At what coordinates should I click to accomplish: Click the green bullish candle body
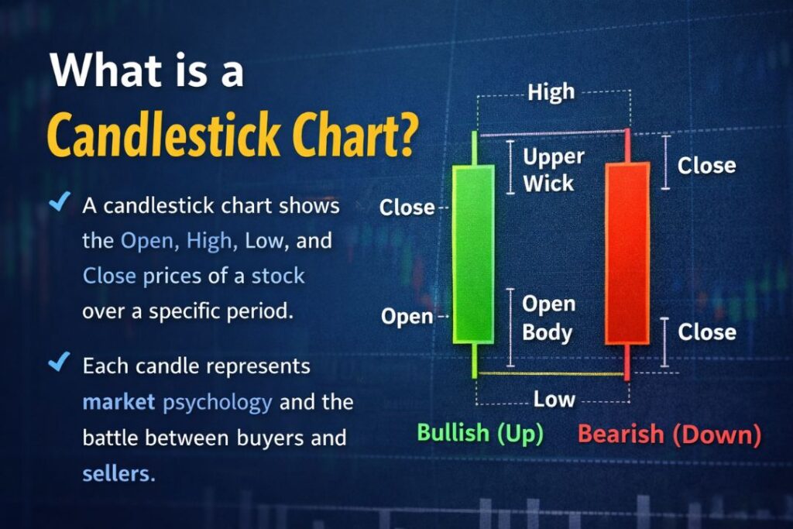click(473, 254)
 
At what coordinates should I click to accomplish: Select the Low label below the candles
click(554, 399)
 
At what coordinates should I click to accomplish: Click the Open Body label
click(547, 318)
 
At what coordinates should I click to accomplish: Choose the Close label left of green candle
click(407, 208)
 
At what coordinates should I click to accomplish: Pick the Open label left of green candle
click(407, 317)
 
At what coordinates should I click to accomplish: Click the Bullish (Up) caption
click(479, 433)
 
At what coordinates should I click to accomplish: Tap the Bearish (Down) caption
click(669, 434)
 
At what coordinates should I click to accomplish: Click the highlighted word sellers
click(118, 473)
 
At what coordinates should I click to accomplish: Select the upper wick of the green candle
click(474, 147)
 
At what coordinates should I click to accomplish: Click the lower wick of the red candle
click(627, 361)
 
